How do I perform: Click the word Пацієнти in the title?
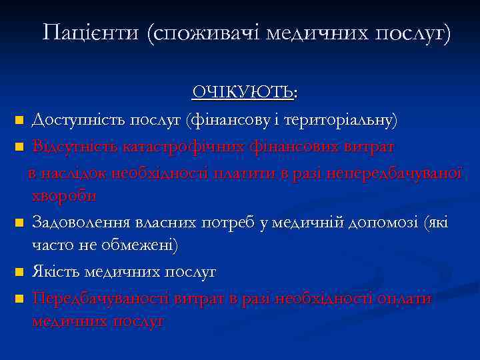[91, 32]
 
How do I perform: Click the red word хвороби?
[64, 196]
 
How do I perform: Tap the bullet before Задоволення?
[19, 223]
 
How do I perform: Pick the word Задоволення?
[81, 221]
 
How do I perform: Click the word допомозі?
[385, 221]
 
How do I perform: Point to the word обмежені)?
[141, 246]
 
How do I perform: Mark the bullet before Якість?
[19, 273]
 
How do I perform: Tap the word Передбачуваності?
[100, 297]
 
